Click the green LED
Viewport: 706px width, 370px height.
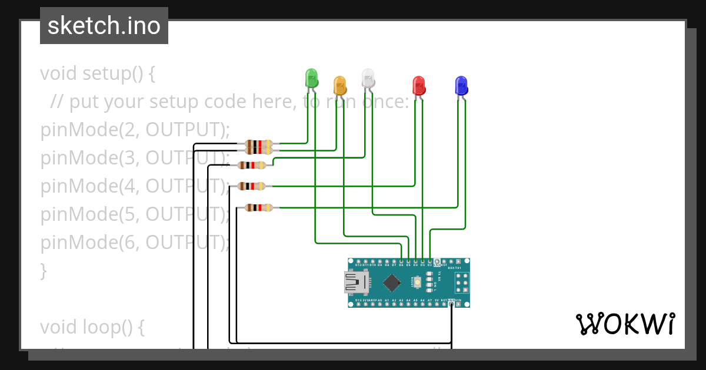311,78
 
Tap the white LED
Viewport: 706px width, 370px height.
368,78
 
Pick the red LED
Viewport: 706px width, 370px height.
418,85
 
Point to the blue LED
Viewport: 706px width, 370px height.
461,85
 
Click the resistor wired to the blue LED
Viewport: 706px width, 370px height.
259,207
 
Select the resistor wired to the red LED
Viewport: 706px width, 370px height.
252,186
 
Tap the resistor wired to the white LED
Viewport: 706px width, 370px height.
252,165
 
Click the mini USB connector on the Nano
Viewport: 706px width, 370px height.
355,282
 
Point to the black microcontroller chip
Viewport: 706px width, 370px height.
392,283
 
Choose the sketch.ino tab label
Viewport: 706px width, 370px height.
104,26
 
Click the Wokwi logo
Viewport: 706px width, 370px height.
625,324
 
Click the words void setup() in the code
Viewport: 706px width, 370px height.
97,74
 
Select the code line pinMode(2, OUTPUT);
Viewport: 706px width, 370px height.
135,130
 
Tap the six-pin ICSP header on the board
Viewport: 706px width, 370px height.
462,284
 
